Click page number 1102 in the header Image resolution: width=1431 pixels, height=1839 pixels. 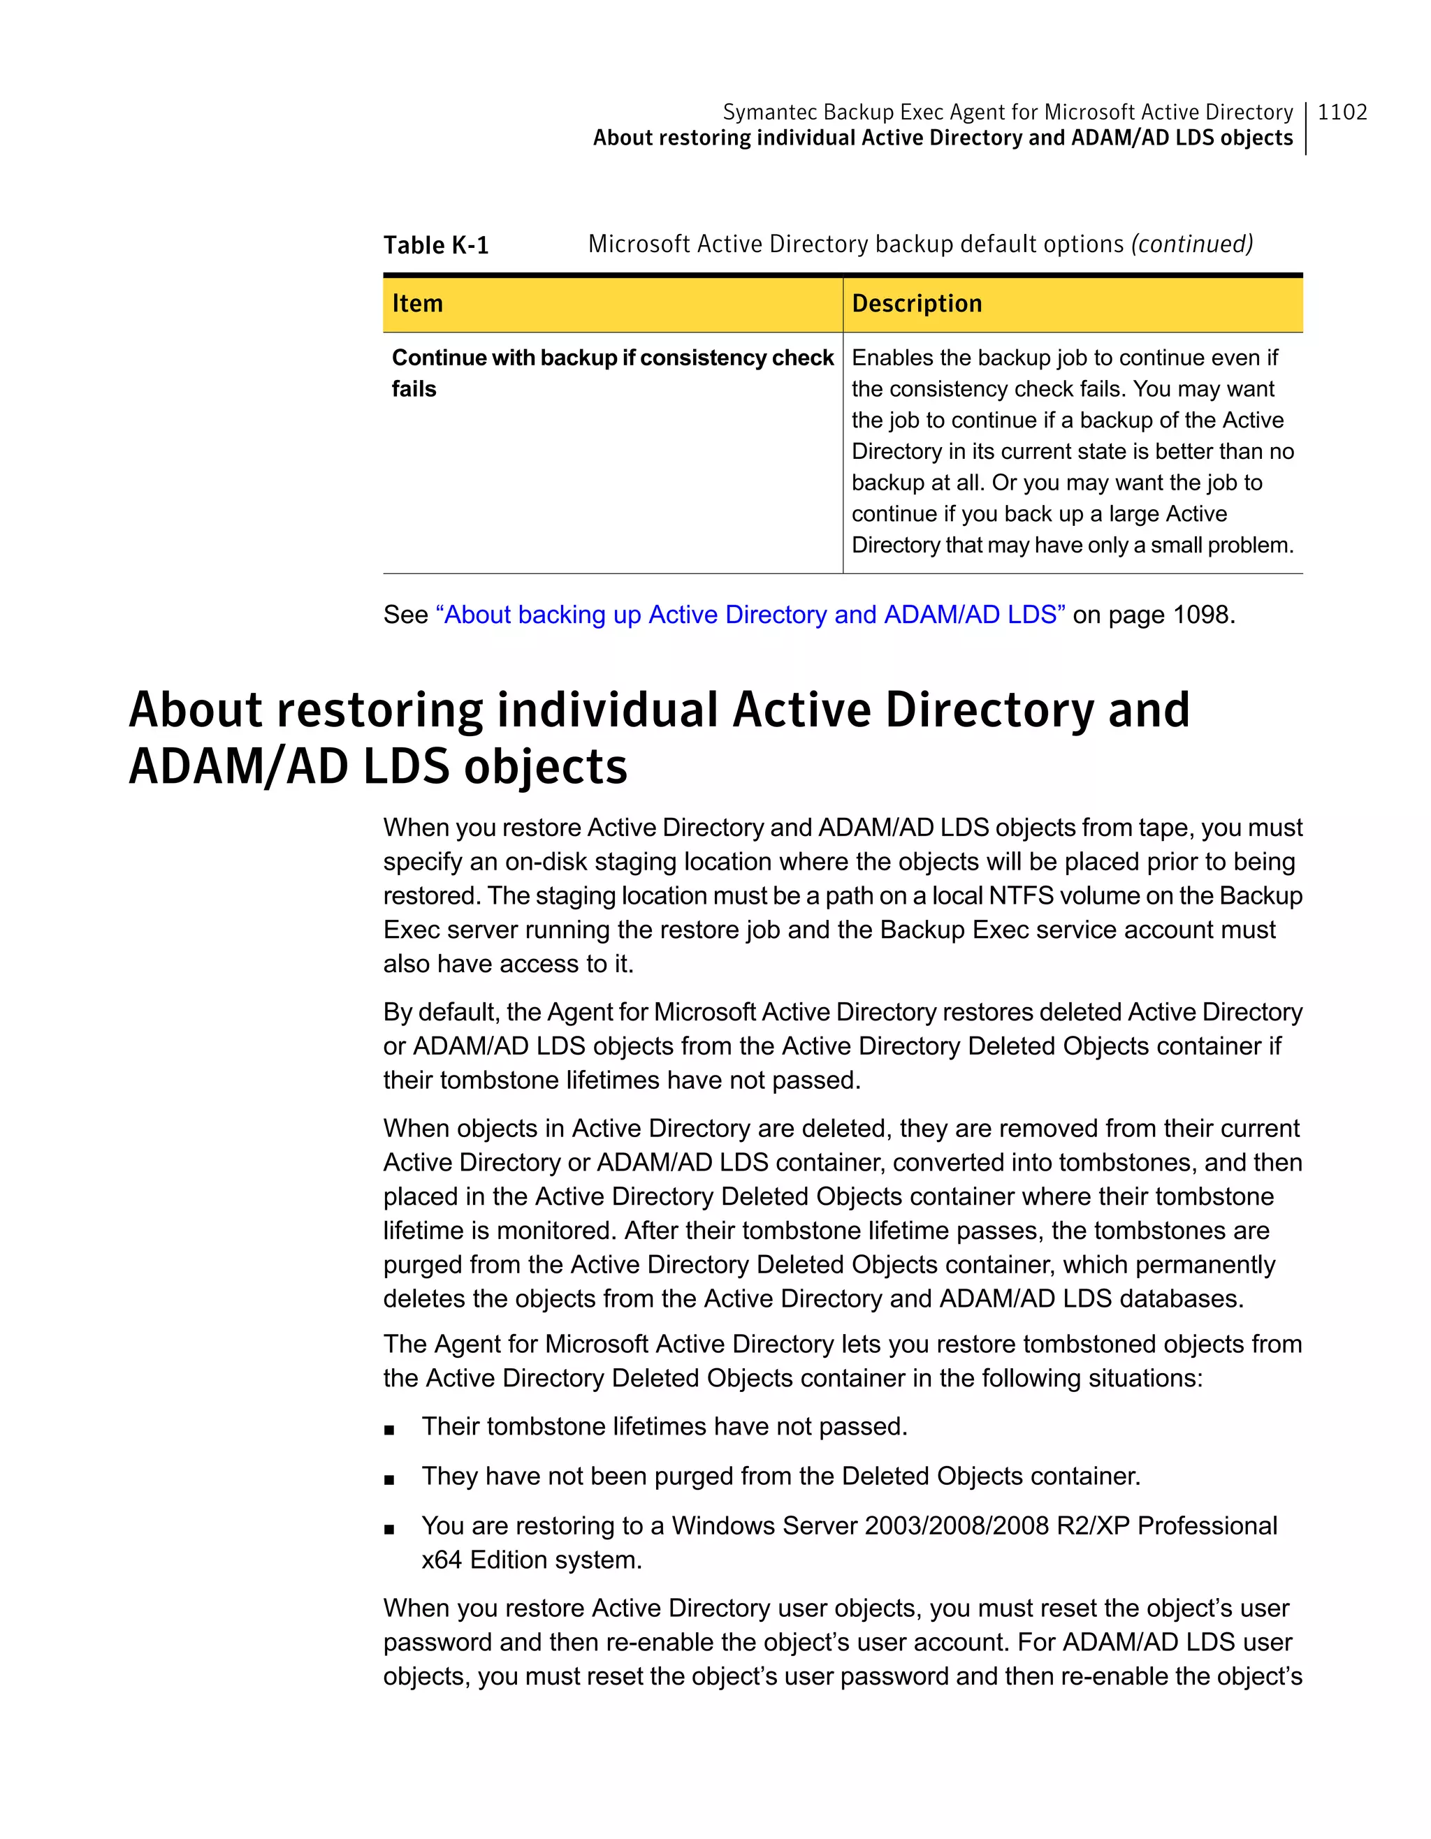1342,112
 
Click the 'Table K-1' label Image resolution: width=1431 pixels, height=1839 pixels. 435,245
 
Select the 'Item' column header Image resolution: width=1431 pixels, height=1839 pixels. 417,303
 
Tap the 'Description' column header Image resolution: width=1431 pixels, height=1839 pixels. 916,303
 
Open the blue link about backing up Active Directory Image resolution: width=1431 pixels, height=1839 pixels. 750,615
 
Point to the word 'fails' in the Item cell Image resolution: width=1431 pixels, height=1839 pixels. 414,389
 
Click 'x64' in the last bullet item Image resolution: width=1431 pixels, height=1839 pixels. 442,1560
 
